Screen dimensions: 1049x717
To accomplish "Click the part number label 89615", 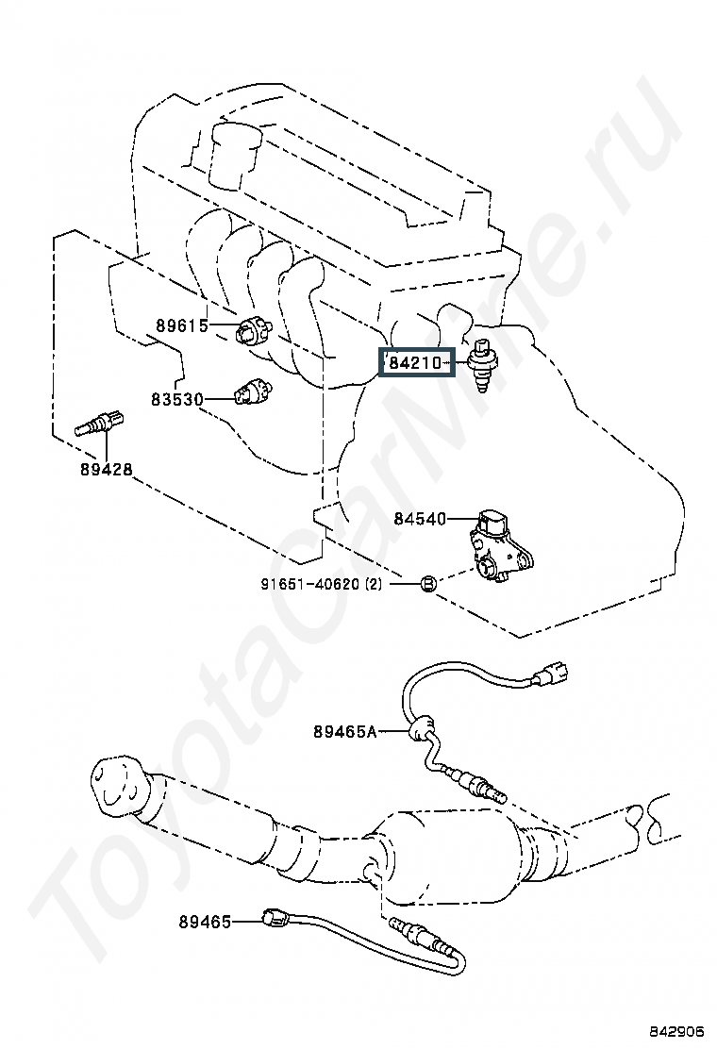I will pyautogui.click(x=181, y=327).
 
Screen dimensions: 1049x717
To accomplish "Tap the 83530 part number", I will pyautogui.click(x=176, y=399).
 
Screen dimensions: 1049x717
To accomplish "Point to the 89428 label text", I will pyautogui.click(x=106, y=469).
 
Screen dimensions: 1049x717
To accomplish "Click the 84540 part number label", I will pyautogui.click(x=420, y=519).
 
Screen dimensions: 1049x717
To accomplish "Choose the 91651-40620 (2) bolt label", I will pyautogui.click(x=322, y=584).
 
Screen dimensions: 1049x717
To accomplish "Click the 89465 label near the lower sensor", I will pyautogui.click(x=205, y=922).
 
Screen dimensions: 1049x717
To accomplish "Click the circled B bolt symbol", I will pyautogui.click(x=426, y=584).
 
